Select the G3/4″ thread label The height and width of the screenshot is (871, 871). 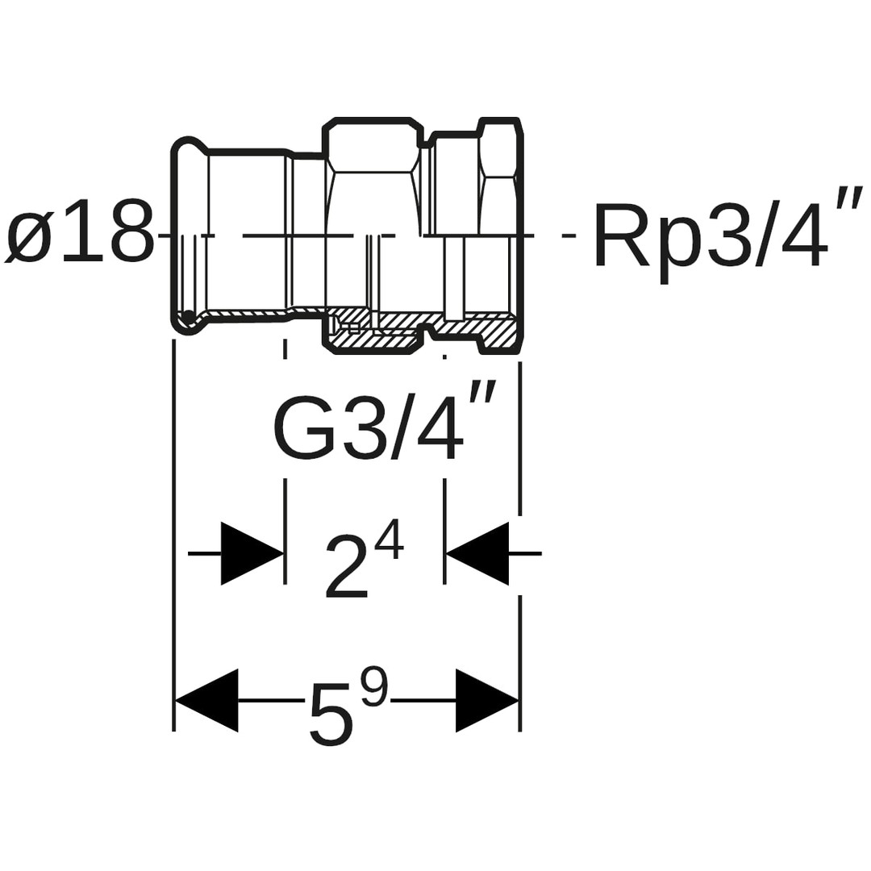tap(379, 427)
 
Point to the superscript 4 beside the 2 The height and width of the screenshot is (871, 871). tap(389, 540)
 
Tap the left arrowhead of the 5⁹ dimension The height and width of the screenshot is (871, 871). tap(207, 700)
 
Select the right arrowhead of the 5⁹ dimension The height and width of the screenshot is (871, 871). tap(486, 700)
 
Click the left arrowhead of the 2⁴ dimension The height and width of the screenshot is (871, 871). tap(252, 553)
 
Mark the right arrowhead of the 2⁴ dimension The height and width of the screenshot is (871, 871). tap(477, 553)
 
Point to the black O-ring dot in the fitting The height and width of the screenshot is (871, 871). tap(188, 315)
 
